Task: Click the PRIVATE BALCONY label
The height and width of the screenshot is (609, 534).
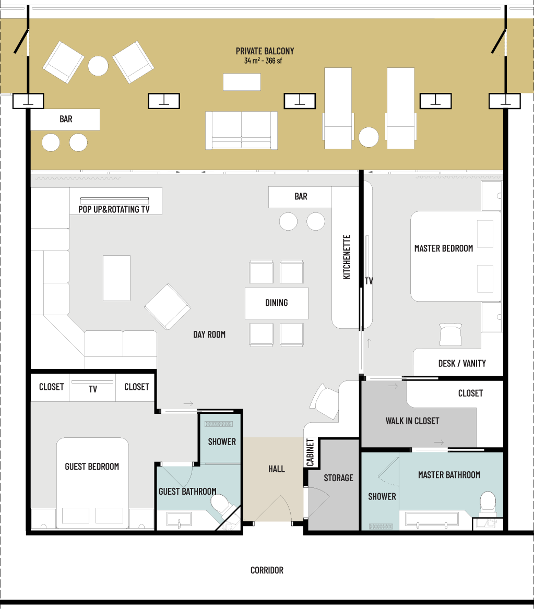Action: [x=265, y=51]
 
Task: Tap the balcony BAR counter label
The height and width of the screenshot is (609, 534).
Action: [x=66, y=119]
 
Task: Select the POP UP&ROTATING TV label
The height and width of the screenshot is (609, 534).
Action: [x=114, y=209]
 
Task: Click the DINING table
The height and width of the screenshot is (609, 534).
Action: [x=277, y=303]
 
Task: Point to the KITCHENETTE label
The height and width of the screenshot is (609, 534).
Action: [x=347, y=257]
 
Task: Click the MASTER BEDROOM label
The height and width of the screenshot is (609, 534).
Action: [x=444, y=248]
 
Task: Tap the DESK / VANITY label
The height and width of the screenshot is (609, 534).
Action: [x=462, y=364]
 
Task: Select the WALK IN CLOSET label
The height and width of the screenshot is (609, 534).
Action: [x=412, y=421]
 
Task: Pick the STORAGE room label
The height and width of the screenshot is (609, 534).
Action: [x=338, y=478]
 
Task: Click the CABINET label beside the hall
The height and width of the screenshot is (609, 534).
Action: [x=310, y=452]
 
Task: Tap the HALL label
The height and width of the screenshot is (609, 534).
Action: [x=277, y=469]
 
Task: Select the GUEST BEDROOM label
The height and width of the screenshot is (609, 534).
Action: [x=92, y=467]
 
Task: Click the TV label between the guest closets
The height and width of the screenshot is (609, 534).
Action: [x=92, y=389]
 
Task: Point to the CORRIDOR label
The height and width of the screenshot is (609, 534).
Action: [x=267, y=570]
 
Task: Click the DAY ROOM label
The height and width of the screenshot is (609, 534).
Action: [x=209, y=335]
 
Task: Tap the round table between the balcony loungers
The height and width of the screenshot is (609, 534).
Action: [x=369, y=137]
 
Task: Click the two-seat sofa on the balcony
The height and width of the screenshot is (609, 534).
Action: [x=241, y=130]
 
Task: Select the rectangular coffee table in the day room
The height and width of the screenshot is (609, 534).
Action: [x=116, y=278]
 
